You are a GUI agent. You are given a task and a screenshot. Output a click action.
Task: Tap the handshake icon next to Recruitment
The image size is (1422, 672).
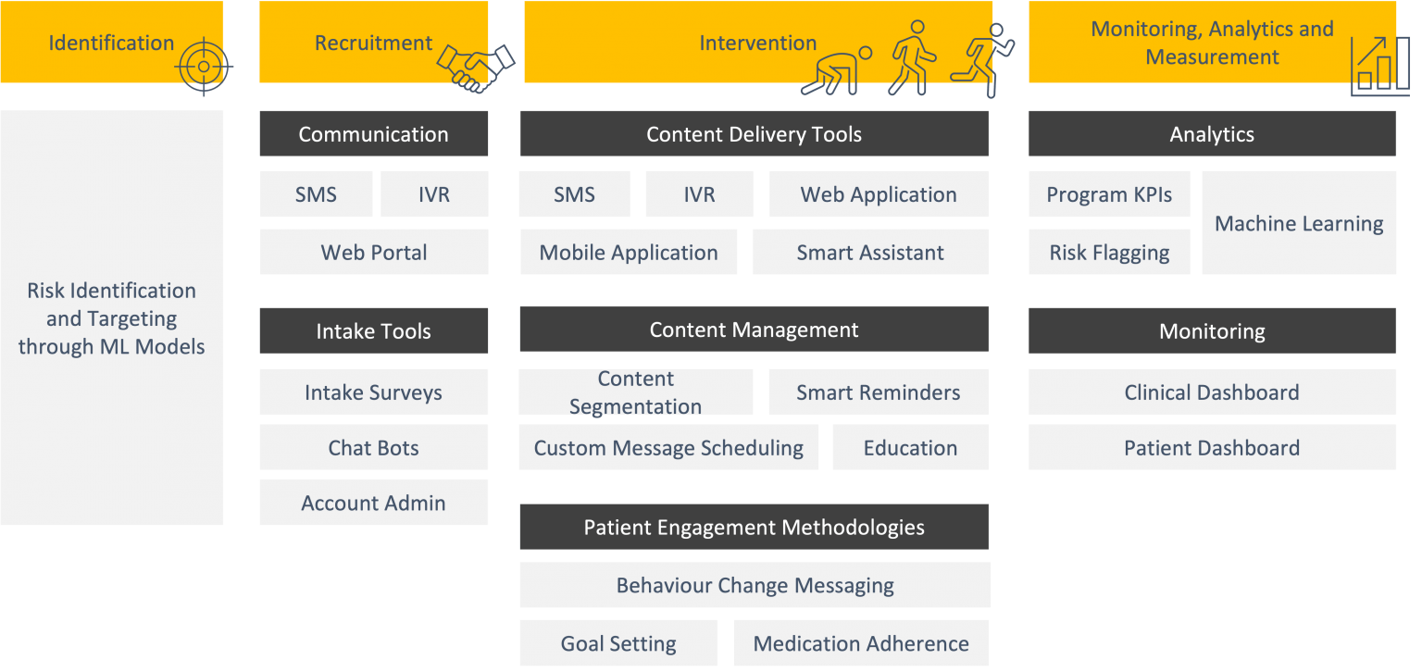[476, 67]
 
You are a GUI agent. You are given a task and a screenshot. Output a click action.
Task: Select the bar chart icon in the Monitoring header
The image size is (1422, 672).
[1379, 67]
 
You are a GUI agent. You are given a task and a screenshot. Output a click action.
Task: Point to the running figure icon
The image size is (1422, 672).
[988, 58]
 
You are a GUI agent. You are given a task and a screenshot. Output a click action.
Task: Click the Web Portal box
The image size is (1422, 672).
[374, 253]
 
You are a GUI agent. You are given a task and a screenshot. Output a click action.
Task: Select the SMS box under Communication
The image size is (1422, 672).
[316, 194]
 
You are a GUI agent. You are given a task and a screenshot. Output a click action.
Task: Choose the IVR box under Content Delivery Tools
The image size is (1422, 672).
[699, 194]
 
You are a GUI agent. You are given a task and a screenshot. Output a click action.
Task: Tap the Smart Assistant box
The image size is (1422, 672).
[870, 253]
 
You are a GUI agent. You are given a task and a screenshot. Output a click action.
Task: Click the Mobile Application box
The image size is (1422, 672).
[629, 253]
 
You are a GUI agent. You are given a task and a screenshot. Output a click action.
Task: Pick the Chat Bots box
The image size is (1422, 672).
[373, 448]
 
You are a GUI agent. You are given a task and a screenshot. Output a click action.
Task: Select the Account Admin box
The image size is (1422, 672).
[373, 503]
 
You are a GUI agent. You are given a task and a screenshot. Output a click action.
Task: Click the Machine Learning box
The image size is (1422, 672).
[1299, 223]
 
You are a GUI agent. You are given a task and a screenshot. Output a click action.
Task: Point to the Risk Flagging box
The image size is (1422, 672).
[1109, 253]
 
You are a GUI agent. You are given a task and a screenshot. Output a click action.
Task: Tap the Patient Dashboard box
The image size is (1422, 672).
[1212, 448]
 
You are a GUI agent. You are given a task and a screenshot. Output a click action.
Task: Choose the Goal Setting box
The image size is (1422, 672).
[618, 643]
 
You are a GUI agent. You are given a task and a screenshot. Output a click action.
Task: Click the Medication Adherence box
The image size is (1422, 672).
[861, 643]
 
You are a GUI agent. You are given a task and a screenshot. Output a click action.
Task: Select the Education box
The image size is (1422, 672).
[910, 448]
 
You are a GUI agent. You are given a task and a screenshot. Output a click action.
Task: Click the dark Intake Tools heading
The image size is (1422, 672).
[373, 331]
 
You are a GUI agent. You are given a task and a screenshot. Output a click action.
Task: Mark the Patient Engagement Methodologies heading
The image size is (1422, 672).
[754, 528]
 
